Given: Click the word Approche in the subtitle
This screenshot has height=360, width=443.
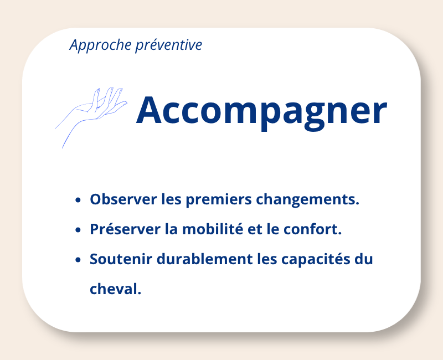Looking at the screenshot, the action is coord(100,45).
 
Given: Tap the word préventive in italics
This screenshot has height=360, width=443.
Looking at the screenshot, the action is coord(169,45).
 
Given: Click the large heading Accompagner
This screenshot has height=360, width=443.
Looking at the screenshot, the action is coord(261,111).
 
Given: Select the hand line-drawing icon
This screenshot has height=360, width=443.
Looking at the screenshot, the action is coord(91,117).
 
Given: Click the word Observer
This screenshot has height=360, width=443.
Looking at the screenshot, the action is coord(123,199).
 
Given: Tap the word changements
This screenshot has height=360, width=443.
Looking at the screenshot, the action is coord(308,200).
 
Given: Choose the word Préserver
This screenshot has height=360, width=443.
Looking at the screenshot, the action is coord(125,229).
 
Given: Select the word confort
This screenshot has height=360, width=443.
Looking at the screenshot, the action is coord(312,229).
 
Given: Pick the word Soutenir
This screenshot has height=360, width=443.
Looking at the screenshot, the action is coord(121,259).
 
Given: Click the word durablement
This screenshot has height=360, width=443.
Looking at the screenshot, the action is coord(204,259).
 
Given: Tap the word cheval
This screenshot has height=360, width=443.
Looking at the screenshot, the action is coord(115,289).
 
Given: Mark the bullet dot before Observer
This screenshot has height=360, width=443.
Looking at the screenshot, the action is coord(78,200).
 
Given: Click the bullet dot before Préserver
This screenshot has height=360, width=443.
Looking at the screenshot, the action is coord(78,230).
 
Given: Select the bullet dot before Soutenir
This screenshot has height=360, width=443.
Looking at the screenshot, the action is coord(78,260).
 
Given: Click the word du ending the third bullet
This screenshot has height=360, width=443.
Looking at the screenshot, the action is coord(364,259).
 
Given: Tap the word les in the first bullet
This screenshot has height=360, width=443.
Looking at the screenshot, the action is coord(171,199).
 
